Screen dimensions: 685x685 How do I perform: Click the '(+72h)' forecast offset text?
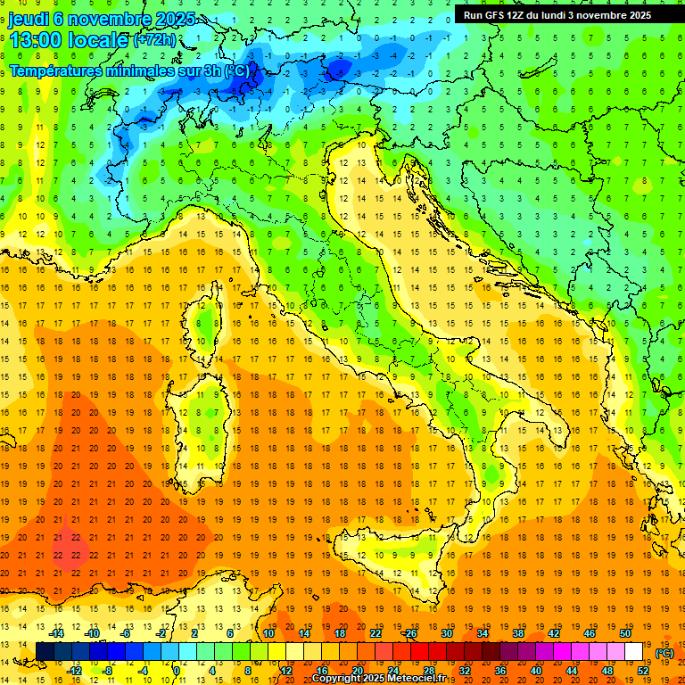pos(155,40)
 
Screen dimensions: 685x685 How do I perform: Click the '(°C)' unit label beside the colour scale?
pos(664,654)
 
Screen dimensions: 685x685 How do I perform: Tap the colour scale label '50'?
pos(625,633)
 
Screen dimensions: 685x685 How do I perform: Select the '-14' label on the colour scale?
pos(58,633)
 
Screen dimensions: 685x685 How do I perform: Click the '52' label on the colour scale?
pos(643,671)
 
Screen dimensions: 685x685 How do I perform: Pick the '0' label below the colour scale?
pos(177,671)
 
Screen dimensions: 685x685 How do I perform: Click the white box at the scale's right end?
pos(634,652)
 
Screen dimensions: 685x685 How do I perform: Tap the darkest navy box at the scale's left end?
pos(44,652)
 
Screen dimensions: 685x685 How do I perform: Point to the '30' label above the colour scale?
pos(447,633)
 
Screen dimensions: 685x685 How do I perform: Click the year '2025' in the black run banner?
pos(636,15)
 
